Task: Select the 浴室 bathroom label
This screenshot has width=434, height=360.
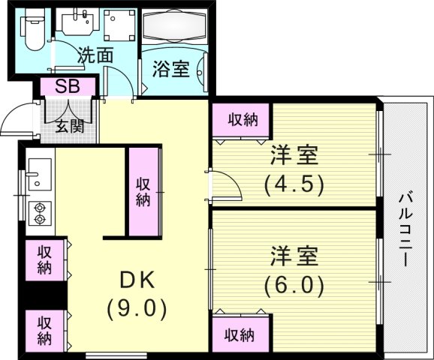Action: point(170,70)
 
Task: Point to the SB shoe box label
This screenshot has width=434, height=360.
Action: point(67,86)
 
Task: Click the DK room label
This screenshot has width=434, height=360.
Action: point(137,280)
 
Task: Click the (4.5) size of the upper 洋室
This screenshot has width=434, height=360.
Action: point(294,184)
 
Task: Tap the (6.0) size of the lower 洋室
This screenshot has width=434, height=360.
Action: point(294,286)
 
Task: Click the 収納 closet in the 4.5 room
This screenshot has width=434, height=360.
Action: point(241,119)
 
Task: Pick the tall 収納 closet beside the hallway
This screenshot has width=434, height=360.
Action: point(143,191)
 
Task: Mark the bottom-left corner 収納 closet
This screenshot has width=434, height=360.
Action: point(45,331)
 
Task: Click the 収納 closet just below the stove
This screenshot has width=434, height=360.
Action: point(45,259)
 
